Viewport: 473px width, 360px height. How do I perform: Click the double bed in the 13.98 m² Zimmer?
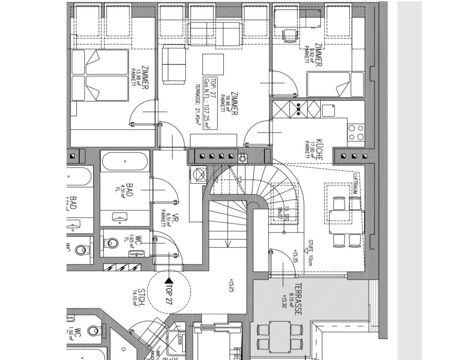click(x=100, y=75)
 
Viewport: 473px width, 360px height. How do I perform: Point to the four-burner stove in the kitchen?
click(x=355, y=132)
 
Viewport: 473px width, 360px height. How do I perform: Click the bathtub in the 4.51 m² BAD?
click(x=125, y=161)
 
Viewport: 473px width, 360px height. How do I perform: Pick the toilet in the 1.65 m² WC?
click(x=112, y=243)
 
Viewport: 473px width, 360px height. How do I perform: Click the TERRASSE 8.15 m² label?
click(x=295, y=299)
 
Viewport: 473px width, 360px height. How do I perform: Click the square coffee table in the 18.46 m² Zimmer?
click(x=213, y=65)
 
